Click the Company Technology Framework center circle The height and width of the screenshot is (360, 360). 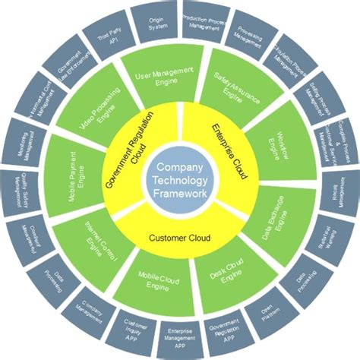180,180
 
